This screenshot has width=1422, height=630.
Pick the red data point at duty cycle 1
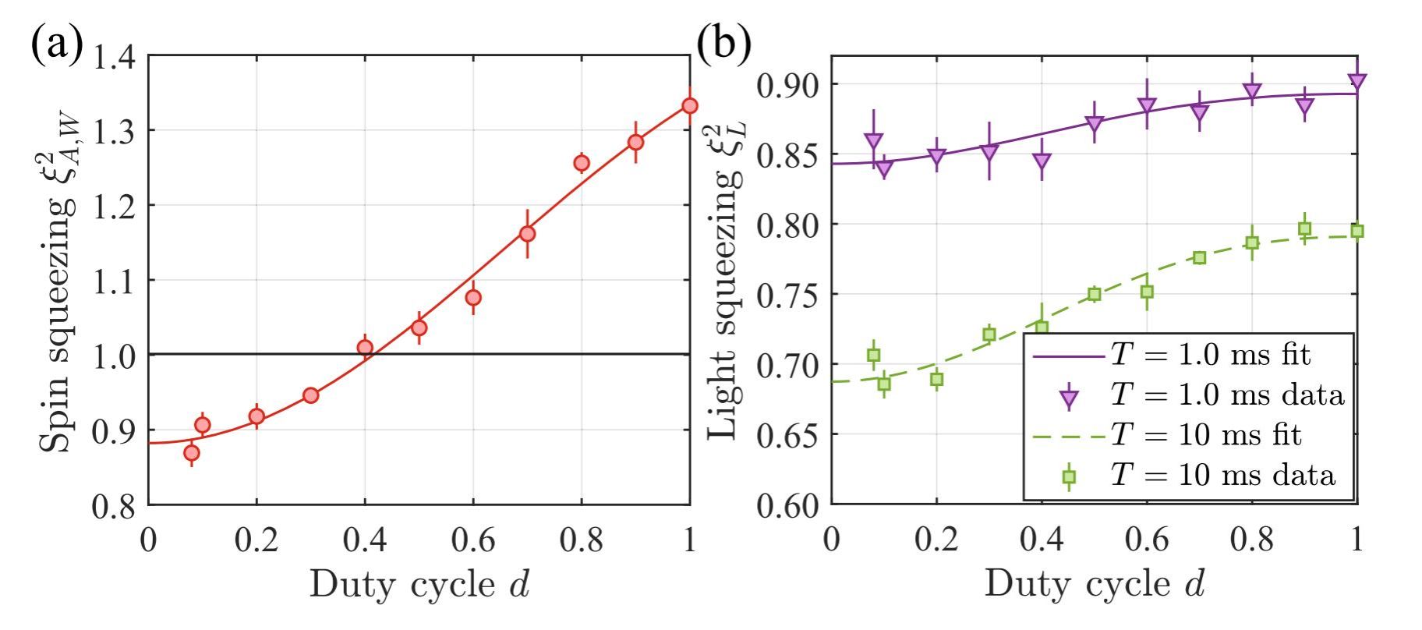(689, 105)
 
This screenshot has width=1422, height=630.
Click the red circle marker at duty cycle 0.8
(581, 163)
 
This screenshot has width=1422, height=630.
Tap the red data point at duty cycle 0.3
(310, 395)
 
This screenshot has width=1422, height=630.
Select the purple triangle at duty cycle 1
(1357, 81)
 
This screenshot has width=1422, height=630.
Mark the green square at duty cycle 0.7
(1200, 257)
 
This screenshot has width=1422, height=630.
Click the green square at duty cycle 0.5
(1095, 294)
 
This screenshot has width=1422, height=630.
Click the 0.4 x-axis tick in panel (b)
(1042, 540)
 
